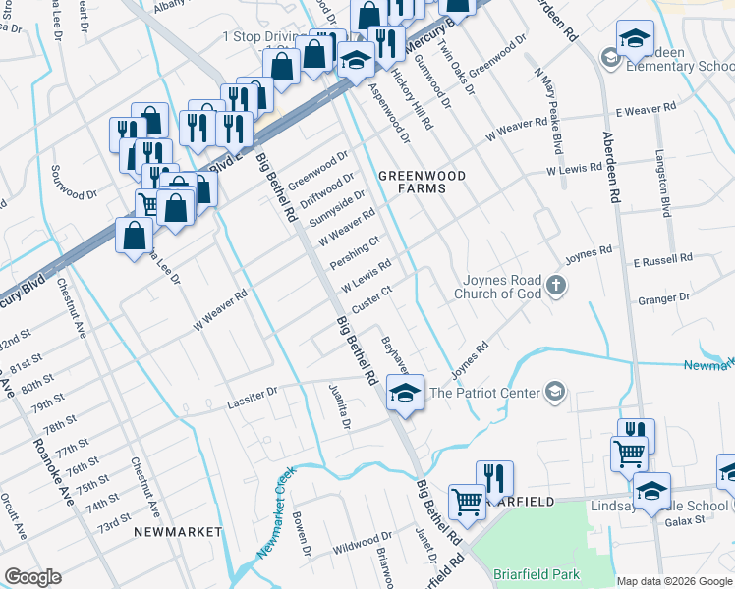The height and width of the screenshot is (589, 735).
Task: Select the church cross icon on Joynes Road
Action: [x=556, y=287]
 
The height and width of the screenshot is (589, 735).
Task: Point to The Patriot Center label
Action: [x=485, y=393]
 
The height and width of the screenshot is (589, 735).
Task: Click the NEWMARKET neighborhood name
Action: [x=178, y=531]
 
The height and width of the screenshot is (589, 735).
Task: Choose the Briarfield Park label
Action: [x=537, y=575]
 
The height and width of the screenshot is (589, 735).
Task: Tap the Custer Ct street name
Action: [x=372, y=297]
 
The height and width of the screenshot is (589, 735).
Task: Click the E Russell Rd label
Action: [x=662, y=261]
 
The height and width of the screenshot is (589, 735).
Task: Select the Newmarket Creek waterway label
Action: [x=276, y=513]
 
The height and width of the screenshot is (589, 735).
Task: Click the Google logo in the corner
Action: [x=32, y=577]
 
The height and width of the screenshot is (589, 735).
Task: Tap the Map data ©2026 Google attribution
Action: [x=674, y=580]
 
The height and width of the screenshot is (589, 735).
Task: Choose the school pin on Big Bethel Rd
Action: [x=403, y=393]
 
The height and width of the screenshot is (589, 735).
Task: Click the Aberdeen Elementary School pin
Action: [x=635, y=40]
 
